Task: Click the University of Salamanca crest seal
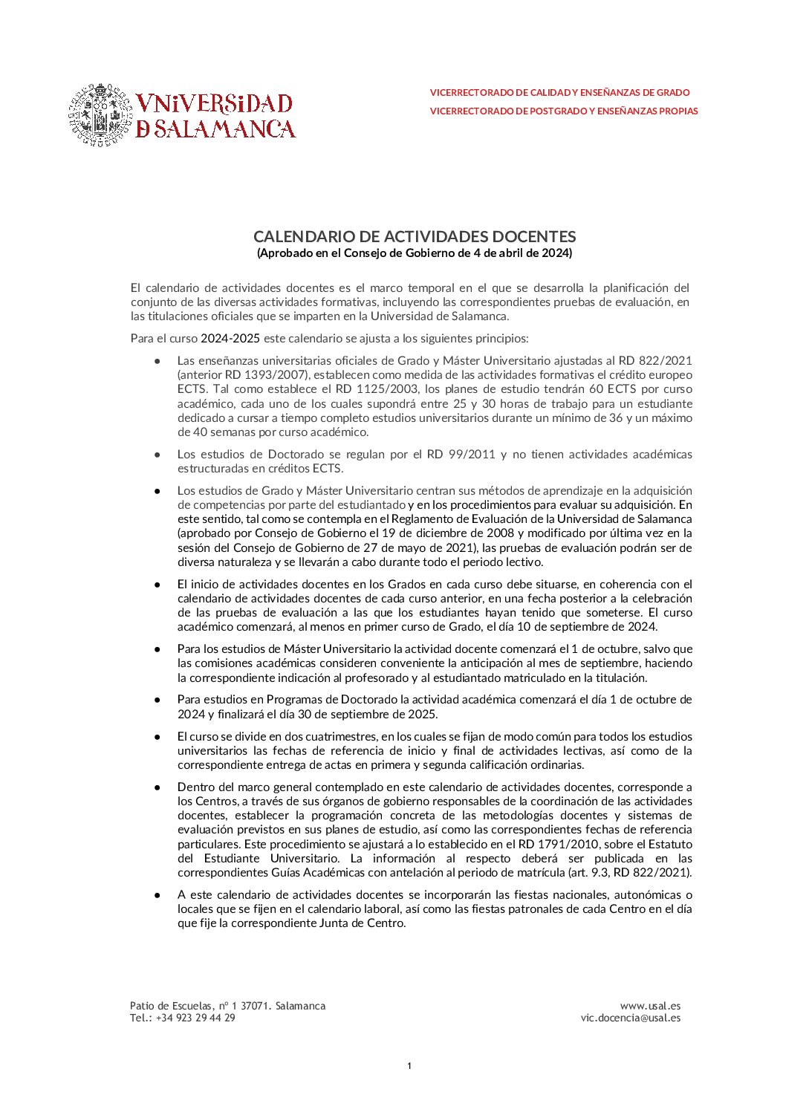[x=100, y=114]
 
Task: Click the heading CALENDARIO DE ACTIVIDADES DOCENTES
[x=415, y=236]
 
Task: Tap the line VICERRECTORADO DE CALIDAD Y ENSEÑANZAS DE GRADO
[x=559, y=93]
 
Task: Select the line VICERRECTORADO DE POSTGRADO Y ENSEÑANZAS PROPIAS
[x=564, y=111]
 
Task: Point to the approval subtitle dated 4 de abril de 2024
[x=415, y=253]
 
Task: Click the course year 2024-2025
[x=230, y=339]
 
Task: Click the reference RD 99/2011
[x=461, y=454]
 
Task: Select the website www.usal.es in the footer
[x=650, y=1006]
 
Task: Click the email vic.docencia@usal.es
[x=630, y=1018]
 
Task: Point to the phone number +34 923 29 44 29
[x=195, y=1018]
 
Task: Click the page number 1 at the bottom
[x=409, y=1067]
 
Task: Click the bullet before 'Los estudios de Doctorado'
[x=157, y=454]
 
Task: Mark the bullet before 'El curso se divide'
[x=157, y=737]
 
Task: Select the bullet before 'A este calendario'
[x=157, y=895]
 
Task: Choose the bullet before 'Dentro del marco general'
[x=157, y=787]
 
